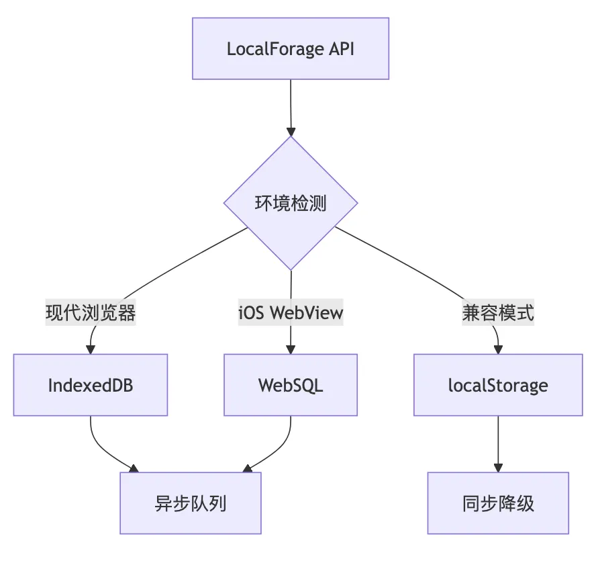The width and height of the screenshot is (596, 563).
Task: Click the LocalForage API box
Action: pos(290,49)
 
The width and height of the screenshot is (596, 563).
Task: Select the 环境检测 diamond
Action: pos(291,204)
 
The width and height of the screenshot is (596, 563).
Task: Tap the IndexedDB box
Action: pos(91,385)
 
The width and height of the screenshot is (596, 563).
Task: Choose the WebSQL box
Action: pos(291,385)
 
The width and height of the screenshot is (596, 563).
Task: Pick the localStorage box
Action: pos(497,385)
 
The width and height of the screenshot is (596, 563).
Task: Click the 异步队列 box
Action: pos(191,503)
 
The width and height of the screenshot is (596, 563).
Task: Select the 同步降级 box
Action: pos(497,503)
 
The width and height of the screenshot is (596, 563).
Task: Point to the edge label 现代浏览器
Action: pos(91,313)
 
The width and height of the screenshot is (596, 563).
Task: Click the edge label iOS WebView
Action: pos(291,313)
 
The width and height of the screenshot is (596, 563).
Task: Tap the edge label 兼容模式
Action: pos(497,313)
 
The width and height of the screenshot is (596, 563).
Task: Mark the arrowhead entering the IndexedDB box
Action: pos(91,349)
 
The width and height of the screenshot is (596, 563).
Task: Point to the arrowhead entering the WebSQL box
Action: pos(291,349)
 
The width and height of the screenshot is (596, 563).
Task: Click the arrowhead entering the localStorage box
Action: pos(497,349)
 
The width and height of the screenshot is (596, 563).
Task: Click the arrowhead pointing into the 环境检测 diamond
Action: pos(291,131)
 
